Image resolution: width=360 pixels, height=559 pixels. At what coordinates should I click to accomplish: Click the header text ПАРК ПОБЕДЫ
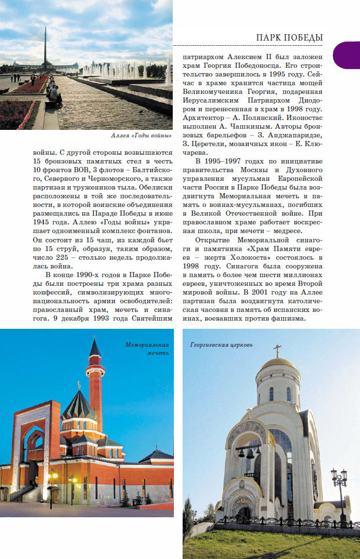click(x=289, y=38)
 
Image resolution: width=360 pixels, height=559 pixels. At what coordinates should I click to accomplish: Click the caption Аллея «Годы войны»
click(x=141, y=136)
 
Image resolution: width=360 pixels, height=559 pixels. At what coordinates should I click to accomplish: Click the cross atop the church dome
click(x=278, y=350)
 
